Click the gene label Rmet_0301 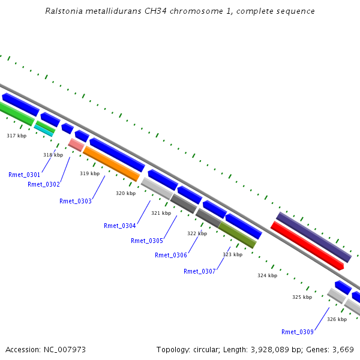pos(24,175)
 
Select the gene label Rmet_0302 pos(44,184)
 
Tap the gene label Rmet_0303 pos(76,201)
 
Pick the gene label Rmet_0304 pos(119,226)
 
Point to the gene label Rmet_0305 pos(147,241)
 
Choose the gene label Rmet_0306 pos(171,256)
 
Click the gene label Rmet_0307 pos(200,271)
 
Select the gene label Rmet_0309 pos(298,332)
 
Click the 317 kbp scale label pos(17,136)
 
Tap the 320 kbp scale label pos(125,193)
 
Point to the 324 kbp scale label pos(267,275)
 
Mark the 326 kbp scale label pos(337,319)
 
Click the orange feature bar pos(112,164)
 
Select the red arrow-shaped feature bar pos(307,245)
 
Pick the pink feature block pos(76,145)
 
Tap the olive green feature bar pos(237,235)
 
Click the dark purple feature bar pos(314,237)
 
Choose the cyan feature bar pos(43,131)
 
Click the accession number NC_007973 pos(65,350)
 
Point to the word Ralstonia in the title pos(64,11)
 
